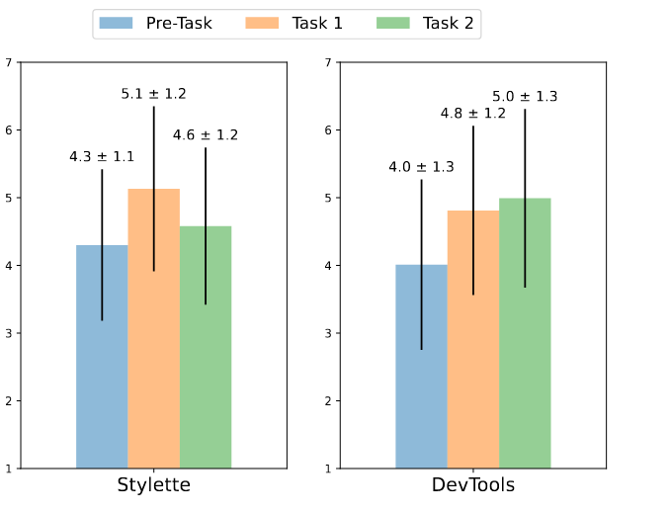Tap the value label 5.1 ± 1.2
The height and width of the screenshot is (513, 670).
153,94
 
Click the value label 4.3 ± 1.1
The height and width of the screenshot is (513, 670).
102,156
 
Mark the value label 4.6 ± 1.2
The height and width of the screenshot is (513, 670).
206,134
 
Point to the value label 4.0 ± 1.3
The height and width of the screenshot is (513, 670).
421,166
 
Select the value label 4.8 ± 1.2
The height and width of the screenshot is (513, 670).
472,113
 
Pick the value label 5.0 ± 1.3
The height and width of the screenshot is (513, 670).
525,96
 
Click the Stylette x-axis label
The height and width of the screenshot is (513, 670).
153,485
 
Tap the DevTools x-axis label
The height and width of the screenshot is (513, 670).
472,485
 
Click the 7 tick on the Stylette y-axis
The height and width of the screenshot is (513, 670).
9,62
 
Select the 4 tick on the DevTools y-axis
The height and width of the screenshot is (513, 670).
328,265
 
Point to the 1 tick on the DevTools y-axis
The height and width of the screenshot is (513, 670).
328,469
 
